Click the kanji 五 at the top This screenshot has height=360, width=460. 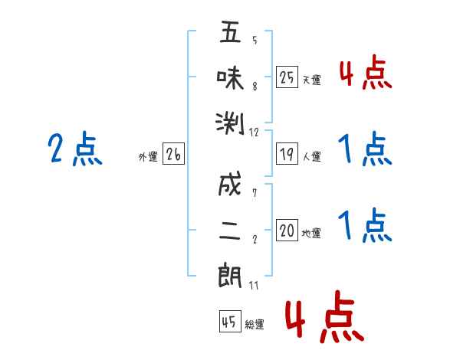230,31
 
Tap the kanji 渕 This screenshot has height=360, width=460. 230,123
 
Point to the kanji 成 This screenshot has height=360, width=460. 230,184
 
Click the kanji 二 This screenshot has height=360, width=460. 230,231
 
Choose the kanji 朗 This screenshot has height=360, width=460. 230,275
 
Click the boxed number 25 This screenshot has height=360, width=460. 287,77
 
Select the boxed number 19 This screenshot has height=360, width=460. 287,154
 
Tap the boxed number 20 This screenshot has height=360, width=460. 287,230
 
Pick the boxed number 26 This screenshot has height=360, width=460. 173,154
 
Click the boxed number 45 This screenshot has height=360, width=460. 230,321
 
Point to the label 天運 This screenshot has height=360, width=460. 312,80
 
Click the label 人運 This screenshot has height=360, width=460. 312,156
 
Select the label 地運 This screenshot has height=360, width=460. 311,233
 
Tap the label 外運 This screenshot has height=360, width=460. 148,156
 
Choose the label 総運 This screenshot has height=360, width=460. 255,324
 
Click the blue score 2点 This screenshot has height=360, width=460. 75,149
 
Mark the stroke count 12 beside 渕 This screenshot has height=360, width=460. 254,133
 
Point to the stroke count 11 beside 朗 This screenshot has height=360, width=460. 254,285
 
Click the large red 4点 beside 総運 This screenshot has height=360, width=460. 325,316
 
